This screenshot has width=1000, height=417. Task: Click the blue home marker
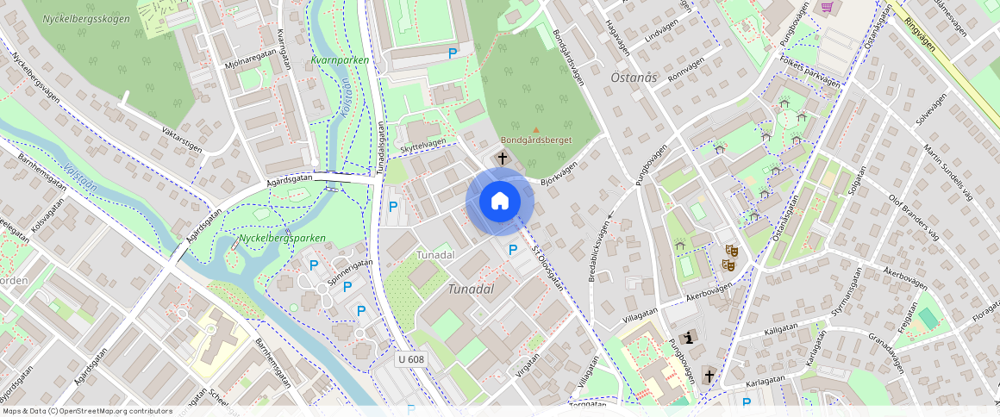coord(500,201)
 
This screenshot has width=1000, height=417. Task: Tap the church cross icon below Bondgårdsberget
coord(503,159)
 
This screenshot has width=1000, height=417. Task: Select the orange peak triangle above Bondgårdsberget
coord(534,130)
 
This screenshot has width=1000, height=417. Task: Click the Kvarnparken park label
coord(340,60)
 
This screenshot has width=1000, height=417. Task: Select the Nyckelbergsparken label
coord(282,237)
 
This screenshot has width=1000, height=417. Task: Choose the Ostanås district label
coord(634,78)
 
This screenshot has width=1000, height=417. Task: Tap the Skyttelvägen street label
coord(423,146)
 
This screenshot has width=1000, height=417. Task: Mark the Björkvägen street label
coord(557,175)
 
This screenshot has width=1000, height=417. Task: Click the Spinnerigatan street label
coord(350,272)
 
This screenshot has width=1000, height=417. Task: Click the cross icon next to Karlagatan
coord(709,375)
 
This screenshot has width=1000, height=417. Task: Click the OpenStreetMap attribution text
coord(86,411)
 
